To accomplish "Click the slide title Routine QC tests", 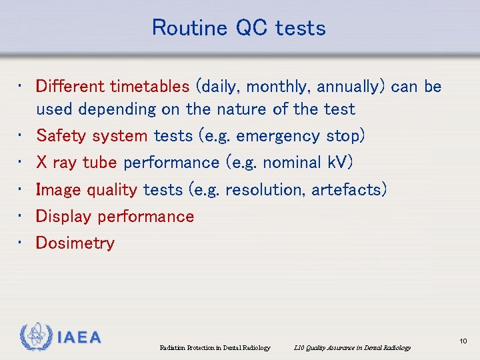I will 239,28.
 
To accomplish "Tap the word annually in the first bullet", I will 351,87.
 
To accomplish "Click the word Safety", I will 60,136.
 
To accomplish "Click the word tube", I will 100,163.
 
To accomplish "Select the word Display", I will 63,217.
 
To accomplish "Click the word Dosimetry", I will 75,243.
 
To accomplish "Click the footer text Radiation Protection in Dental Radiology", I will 215,347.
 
